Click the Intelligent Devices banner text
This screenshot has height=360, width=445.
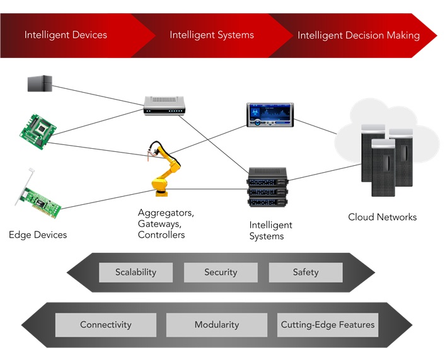point(66,35)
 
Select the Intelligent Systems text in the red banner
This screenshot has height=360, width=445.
point(211,35)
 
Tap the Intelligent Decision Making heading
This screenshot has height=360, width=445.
point(358,35)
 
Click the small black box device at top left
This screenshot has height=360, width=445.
point(40,83)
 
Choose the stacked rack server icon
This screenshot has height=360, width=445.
point(268,187)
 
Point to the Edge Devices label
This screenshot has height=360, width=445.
point(38,235)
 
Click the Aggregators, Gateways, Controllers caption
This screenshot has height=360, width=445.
point(165,224)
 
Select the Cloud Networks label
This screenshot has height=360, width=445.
point(382,217)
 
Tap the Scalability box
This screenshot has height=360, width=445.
point(136,272)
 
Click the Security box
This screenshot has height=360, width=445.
point(221,272)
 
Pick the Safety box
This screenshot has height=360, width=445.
point(306,272)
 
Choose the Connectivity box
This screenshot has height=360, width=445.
point(106,325)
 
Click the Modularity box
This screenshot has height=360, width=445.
point(217,325)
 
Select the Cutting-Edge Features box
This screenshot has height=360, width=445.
point(328,325)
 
